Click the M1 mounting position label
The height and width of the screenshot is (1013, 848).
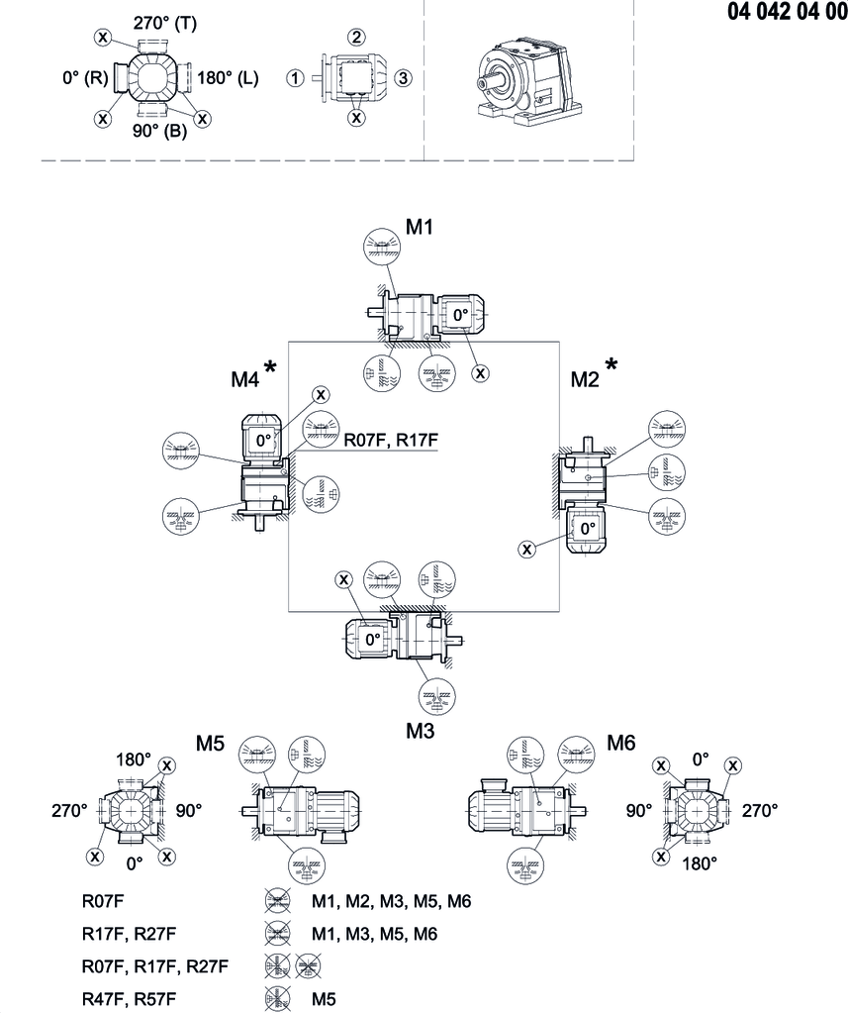(x=421, y=228)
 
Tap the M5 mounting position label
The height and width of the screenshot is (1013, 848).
(x=211, y=745)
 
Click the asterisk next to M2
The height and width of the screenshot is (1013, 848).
(x=612, y=367)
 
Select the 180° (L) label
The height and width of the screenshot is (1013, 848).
(x=229, y=78)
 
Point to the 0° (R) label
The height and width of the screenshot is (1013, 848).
(x=83, y=78)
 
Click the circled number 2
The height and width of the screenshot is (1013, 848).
(x=354, y=38)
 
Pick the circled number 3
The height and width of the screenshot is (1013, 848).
(x=402, y=78)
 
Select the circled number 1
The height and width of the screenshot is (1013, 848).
(x=295, y=78)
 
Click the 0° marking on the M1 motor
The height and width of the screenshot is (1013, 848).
(x=460, y=315)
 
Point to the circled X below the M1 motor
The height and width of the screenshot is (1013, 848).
(x=481, y=373)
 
